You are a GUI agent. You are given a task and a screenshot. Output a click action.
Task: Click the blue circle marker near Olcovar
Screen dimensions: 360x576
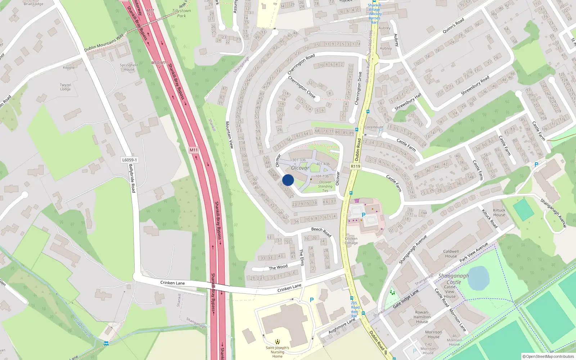click(288, 180)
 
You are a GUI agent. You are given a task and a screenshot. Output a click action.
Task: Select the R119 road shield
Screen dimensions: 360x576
click(355, 166)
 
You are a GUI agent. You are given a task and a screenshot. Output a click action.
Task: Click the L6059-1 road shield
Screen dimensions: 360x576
click(129, 160)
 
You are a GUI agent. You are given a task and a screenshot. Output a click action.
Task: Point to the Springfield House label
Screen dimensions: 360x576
click(129, 67)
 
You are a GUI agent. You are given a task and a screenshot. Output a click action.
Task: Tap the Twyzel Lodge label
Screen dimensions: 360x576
click(66, 87)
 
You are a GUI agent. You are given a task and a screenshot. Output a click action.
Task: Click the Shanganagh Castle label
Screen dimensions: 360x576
click(454, 279)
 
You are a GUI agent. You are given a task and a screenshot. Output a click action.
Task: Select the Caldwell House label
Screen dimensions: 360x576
click(451, 254)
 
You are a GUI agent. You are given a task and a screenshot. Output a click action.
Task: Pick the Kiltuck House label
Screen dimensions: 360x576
click(499, 212)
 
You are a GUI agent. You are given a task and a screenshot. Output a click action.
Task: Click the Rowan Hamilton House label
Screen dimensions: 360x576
click(422, 317)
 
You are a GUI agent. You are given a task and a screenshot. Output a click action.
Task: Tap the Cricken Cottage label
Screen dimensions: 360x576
click(351, 240)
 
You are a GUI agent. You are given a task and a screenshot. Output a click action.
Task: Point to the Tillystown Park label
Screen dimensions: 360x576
click(181, 13)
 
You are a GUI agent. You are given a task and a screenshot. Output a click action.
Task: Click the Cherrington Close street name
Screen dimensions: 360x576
click(302, 87)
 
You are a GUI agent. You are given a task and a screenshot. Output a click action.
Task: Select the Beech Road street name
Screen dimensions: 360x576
click(321, 231)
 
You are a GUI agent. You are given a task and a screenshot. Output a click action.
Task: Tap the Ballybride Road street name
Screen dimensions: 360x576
click(132, 178)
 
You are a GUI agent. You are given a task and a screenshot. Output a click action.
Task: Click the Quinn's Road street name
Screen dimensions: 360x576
click(453, 26)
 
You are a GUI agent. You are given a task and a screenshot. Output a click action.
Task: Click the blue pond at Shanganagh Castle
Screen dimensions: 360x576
click(478, 278)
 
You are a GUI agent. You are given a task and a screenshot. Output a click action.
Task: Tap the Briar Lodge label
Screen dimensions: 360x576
click(33, 4)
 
